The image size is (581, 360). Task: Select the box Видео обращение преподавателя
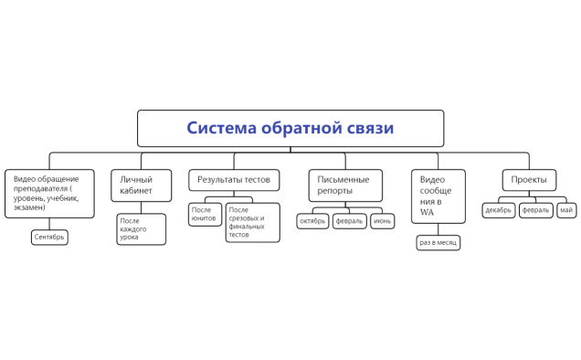point(49,193)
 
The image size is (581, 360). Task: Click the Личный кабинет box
point(139,185)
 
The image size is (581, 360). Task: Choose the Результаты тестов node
point(234,179)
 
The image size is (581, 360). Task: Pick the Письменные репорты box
point(344,185)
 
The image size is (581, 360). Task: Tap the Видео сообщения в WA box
point(438,196)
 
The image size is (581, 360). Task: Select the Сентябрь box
point(49,237)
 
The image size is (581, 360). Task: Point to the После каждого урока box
point(141,228)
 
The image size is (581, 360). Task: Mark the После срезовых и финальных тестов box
point(252,222)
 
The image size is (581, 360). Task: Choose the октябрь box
point(312,221)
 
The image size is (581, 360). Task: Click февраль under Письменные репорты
point(349,221)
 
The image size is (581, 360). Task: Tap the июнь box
point(383,221)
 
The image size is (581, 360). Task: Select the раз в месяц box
point(438,243)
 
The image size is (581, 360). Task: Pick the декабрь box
point(499,210)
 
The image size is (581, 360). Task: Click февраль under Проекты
point(535,210)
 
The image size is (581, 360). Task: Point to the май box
point(566,210)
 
